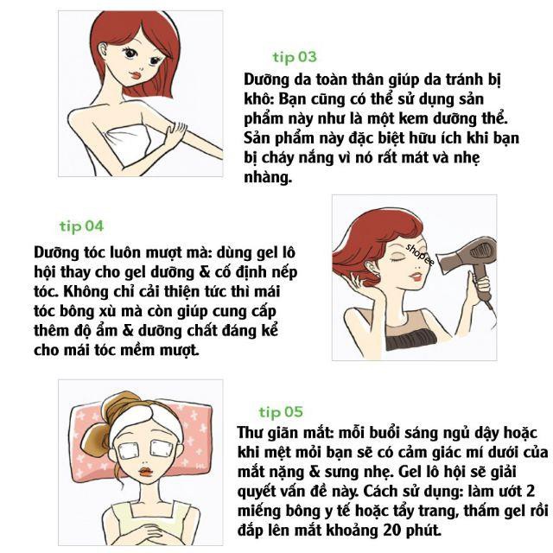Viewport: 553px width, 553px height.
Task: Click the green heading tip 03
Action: [x=295, y=57]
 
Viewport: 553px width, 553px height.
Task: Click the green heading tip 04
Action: [x=81, y=226]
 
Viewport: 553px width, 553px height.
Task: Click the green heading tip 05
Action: [x=281, y=411]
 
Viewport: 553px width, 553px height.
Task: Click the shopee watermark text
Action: [x=420, y=254]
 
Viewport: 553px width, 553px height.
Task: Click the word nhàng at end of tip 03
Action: [x=268, y=177]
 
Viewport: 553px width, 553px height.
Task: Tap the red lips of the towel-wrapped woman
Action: [x=137, y=75]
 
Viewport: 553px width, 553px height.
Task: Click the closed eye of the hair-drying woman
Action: [x=398, y=260]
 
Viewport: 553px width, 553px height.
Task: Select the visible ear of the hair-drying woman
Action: [x=370, y=267]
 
